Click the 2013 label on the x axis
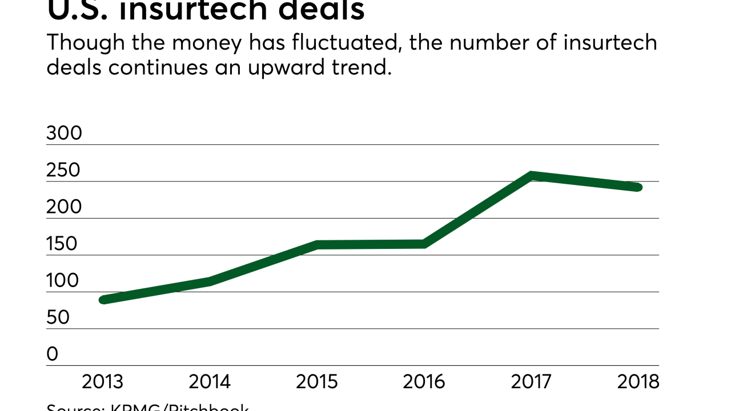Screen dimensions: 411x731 pos(102,382)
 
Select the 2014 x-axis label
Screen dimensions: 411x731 pos(210,382)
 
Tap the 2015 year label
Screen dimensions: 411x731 pos(316,382)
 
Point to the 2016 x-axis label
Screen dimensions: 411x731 pos(424,382)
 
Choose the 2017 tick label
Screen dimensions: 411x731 pos(532,382)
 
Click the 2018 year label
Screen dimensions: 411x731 pos(638,382)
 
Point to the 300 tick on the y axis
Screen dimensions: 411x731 pos(65,134)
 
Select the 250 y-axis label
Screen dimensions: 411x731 pos(65,170)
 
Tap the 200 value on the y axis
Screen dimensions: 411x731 pos(65,207)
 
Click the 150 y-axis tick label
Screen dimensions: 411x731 pos(62,244)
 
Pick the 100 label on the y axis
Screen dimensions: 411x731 pos(62,281)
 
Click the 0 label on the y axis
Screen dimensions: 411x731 pos(53,354)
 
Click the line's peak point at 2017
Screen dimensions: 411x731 pos(532,176)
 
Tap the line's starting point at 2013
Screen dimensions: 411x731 pos(103,300)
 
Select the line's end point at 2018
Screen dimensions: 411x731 pos(638,187)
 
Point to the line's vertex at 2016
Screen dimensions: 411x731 pos(424,244)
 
